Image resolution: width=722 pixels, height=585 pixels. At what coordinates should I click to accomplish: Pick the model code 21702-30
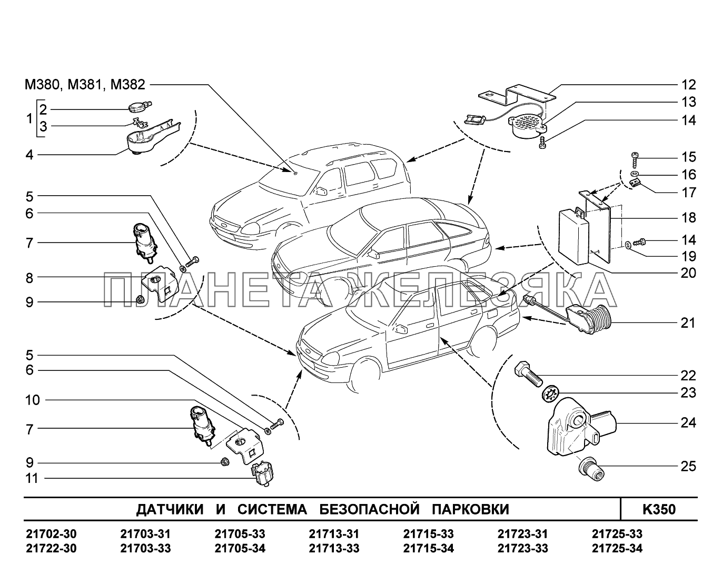click(x=51, y=534)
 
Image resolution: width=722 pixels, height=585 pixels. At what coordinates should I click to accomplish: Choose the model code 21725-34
click(x=617, y=549)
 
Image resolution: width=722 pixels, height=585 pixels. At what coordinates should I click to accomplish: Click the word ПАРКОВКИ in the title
click(x=470, y=509)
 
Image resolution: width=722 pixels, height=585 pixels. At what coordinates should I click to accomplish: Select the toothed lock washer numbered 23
click(x=550, y=392)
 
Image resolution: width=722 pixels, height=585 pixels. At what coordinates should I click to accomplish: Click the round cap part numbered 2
click(x=138, y=107)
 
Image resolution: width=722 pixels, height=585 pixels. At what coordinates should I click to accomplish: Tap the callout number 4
click(x=29, y=155)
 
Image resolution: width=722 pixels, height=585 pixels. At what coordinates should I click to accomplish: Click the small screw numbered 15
click(x=635, y=157)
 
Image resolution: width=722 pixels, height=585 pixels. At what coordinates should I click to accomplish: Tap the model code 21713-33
click(x=334, y=549)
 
